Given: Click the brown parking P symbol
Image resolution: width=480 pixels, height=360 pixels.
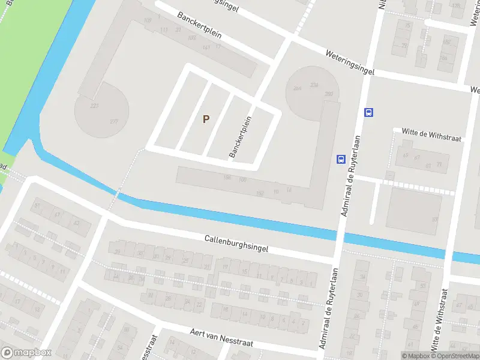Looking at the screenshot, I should click(206, 119).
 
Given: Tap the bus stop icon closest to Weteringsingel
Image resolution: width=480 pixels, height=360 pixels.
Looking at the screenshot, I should click(368, 112).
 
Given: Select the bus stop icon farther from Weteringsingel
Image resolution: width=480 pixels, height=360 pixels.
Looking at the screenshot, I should click(340, 159).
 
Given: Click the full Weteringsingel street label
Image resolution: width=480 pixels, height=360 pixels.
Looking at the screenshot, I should click(350, 62).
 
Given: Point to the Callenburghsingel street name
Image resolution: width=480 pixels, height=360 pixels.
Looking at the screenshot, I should click(236, 243).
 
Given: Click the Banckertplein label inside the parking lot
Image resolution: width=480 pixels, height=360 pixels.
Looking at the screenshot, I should click(240, 137).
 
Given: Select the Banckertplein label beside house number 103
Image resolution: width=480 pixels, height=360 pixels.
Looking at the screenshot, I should click(199, 25).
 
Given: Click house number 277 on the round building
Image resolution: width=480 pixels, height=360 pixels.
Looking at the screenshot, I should click(114, 122).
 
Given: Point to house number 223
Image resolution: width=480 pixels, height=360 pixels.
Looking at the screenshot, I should click(94, 106).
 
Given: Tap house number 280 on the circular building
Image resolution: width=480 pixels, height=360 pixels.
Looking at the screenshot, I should click(328, 94).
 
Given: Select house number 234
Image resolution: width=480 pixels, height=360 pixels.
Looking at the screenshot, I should click(314, 85).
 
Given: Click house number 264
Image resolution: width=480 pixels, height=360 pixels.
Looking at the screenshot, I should click(298, 89).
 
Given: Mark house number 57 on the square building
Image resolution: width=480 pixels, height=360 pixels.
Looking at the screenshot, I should click(434, 219).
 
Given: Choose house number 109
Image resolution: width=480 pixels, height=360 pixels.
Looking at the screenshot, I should click(148, 22).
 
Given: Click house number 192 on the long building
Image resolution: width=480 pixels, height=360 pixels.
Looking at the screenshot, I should click(259, 193).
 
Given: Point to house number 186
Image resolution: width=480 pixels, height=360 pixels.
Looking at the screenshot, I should click(227, 176).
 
